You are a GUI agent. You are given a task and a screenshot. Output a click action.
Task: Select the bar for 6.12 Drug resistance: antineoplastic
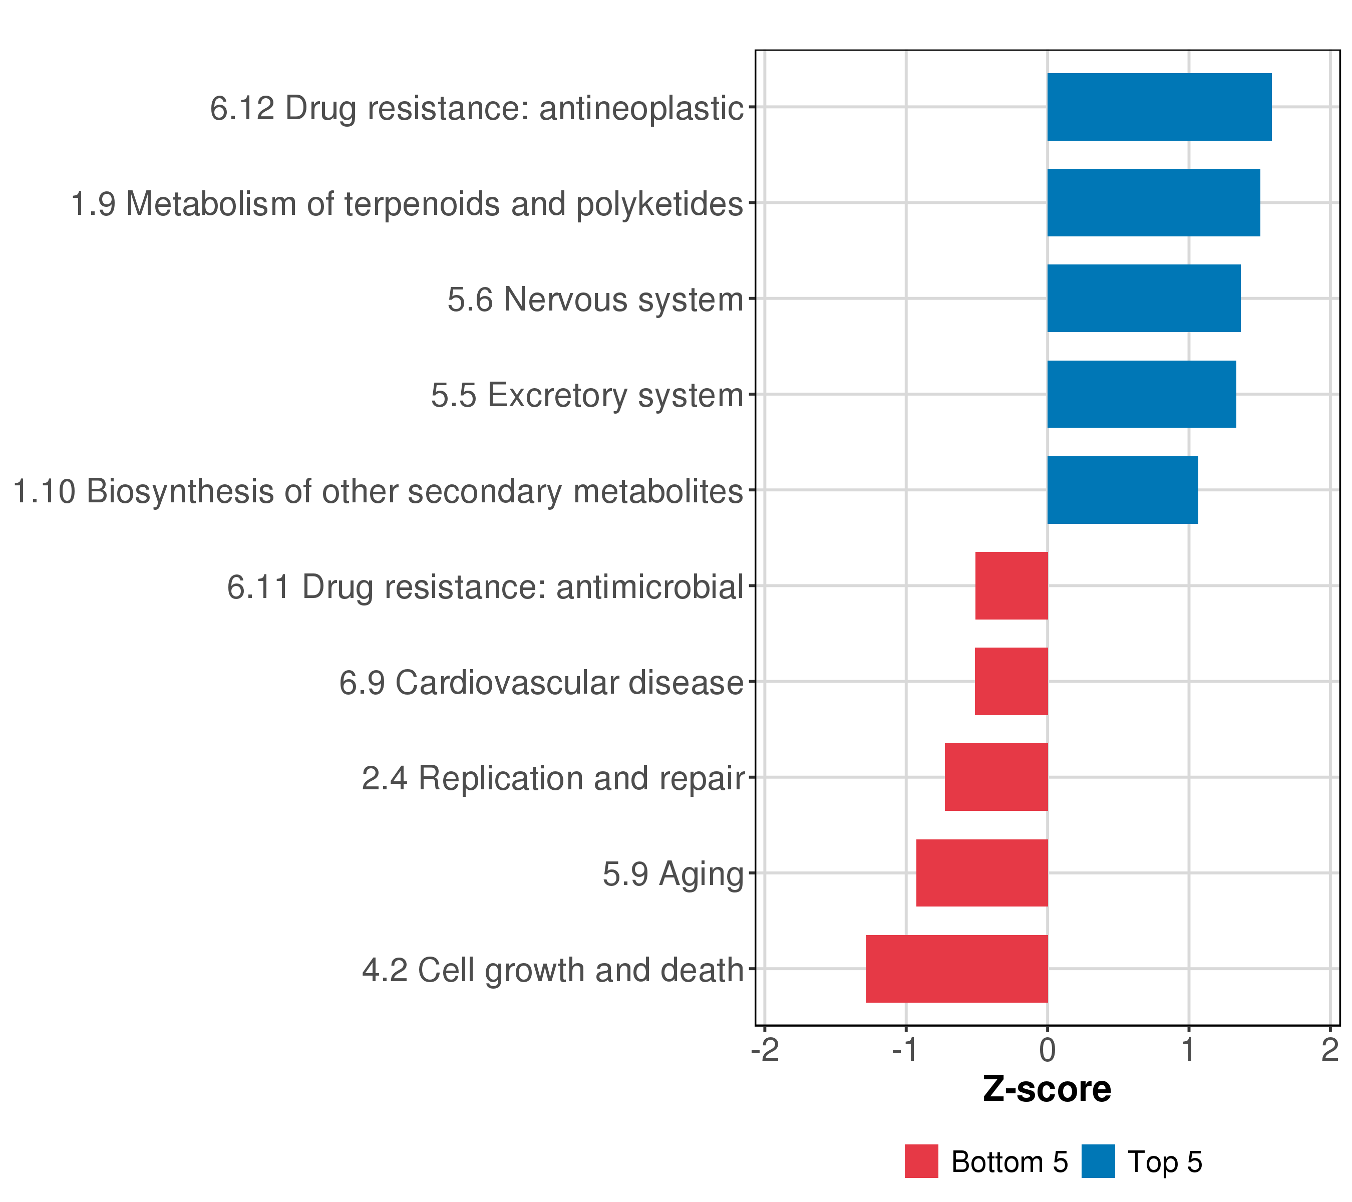coord(1159,107)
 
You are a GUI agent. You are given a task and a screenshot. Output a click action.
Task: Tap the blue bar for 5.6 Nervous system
coord(1144,298)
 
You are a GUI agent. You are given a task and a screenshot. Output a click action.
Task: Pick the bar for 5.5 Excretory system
coord(1141,394)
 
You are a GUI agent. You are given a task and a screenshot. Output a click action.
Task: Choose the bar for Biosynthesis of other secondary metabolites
coord(1123,490)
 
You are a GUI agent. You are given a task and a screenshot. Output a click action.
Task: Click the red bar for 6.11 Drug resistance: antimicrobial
coord(1011,585)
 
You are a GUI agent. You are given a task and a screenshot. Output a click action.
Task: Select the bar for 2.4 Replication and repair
coord(996,777)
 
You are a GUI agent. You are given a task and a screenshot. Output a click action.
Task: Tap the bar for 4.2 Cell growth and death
coord(956,969)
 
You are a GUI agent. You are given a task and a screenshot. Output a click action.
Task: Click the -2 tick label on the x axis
coord(765,1051)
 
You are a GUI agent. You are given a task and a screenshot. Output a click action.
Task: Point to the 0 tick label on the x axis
coord(1047,1051)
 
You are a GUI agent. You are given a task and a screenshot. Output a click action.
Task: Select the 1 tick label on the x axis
coord(1189,1051)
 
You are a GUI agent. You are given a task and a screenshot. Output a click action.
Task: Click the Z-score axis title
coord(1047,1089)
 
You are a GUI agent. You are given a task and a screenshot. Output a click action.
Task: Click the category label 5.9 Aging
coord(672,874)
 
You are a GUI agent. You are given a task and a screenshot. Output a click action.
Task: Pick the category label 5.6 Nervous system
coord(595,299)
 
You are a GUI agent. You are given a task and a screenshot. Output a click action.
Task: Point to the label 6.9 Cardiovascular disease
coord(541,683)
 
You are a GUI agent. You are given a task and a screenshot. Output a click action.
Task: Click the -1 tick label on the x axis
coord(905,1051)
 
